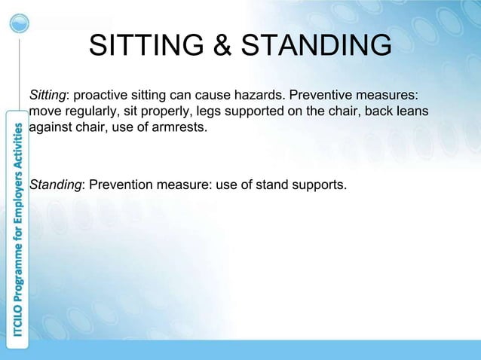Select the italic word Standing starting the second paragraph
click(x=55, y=185)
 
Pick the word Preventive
click(x=321, y=96)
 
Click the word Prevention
click(x=121, y=185)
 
